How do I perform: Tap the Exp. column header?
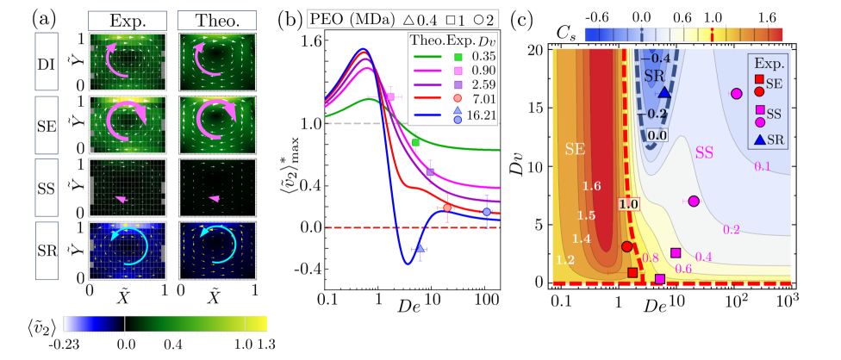128,17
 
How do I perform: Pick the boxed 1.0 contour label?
626,204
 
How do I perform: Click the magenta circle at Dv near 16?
736,94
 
